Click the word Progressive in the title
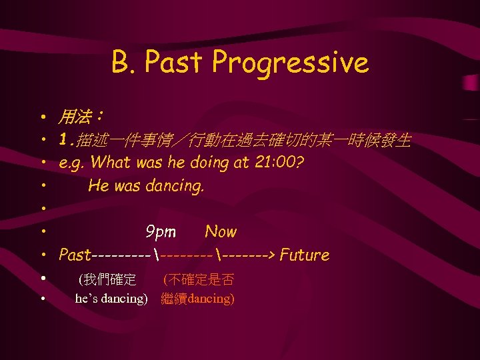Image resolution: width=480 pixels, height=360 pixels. coord(290,63)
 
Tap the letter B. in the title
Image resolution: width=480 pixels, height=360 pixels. coord(124,63)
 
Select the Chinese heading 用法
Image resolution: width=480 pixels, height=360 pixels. coord(76,117)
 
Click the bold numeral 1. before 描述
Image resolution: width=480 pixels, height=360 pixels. coord(66,141)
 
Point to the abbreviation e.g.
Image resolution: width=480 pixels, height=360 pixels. coord(72,163)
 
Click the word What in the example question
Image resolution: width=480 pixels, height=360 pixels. coord(110,162)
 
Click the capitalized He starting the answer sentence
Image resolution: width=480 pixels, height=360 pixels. coord(98,185)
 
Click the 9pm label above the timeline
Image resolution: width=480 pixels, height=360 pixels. coord(161,231)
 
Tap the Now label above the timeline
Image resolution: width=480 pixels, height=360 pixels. coord(221,231)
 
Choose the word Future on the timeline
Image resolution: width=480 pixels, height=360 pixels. coord(305,255)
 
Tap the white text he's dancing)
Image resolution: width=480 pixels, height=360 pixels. coord(111,299)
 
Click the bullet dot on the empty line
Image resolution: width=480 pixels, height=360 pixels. coord(42,209)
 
